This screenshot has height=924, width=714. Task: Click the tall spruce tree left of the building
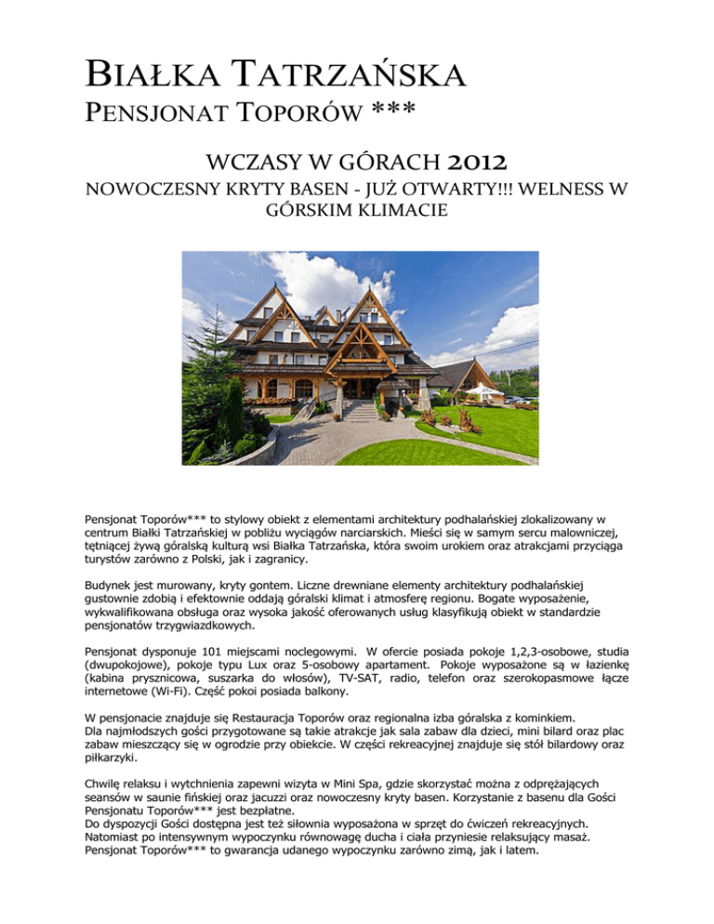click(230, 409)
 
